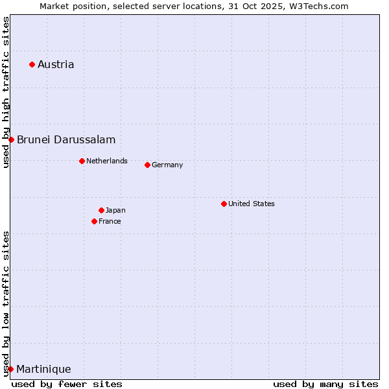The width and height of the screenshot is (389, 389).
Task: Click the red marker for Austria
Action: [x=32, y=64]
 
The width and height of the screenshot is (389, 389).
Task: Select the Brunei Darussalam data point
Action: [x=11, y=139]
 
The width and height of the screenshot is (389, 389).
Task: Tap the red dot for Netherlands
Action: [x=82, y=161]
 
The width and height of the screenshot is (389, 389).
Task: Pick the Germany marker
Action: [x=147, y=165]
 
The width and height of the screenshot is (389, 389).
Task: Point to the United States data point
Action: [x=224, y=204]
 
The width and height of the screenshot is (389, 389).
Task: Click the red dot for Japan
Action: [x=101, y=210]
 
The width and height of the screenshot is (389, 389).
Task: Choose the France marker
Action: [x=94, y=221]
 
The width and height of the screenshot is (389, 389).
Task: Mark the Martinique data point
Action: [x=10, y=369]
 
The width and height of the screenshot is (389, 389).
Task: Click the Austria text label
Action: [x=56, y=64]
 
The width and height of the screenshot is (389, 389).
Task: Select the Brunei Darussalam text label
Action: [x=66, y=139]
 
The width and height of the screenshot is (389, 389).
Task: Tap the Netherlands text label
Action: [x=107, y=161]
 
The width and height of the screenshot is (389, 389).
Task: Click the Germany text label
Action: [x=167, y=165]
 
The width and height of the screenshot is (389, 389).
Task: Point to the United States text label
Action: [x=252, y=204]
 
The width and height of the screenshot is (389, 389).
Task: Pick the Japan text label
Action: [x=115, y=210]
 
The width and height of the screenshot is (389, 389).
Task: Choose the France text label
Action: [x=110, y=221]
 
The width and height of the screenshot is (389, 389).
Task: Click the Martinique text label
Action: [x=43, y=369]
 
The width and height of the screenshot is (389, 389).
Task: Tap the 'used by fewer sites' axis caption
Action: [x=67, y=384]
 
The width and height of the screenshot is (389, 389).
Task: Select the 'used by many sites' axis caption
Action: [x=325, y=384]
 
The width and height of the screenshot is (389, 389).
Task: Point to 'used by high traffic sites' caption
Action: [x=6, y=92]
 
